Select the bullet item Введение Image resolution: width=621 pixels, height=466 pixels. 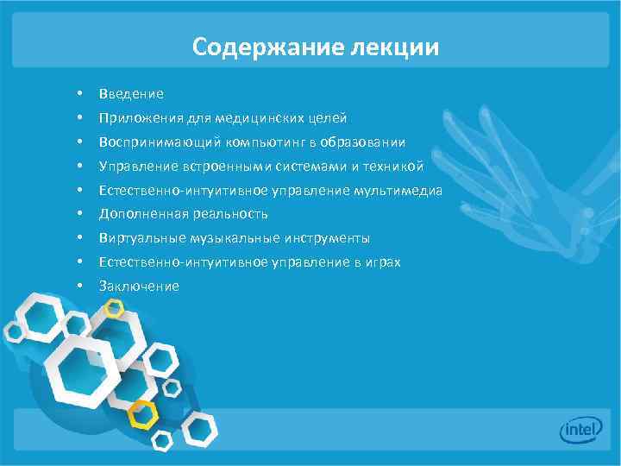[131, 93]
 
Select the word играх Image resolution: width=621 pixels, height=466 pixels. [381, 261]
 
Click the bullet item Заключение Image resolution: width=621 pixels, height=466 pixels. [139, 286]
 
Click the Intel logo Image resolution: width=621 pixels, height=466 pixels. [580, 431]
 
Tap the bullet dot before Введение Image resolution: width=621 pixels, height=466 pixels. [78, 93]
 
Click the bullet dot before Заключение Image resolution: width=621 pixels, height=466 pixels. [78, 286]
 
